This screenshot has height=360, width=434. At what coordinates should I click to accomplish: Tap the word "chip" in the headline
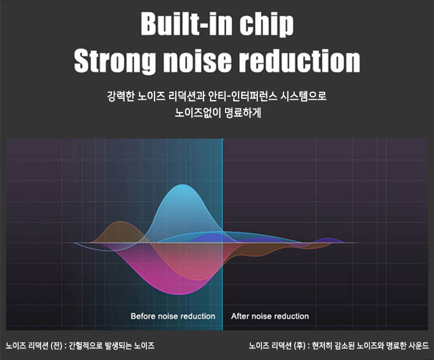pos(266,25)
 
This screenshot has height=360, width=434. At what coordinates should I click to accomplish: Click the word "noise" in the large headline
pos(197,61)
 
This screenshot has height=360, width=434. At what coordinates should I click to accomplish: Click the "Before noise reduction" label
pos(173,316)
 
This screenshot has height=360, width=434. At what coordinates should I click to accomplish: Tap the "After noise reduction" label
pos(270,316)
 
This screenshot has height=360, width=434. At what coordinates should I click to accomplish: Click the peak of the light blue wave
pos(182,185)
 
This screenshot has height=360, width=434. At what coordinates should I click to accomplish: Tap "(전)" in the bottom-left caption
pos(56,345)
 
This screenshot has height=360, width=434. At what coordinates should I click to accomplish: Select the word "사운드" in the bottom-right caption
pos(419,345)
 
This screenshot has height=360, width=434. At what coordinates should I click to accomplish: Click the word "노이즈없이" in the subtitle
pos(198,113)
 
